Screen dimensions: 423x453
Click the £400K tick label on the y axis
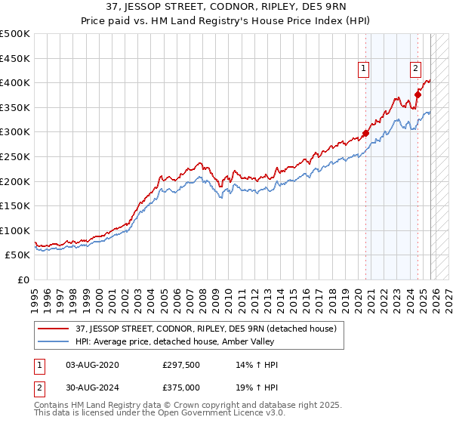click(x=15, y=83)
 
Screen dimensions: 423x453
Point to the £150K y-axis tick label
click(x=15, y=205)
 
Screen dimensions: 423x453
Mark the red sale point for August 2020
click(x=366, y=134)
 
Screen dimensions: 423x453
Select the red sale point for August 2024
click(x=418, y=95)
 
